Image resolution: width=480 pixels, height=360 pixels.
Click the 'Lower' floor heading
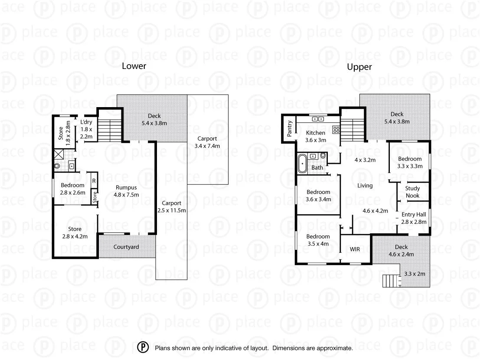[x=134, y=66]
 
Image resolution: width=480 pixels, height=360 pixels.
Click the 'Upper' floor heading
[x=359, y=67]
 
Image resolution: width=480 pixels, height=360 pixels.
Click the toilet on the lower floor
[x=57, y=165]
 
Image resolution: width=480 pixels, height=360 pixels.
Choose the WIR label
[x=355, y=249]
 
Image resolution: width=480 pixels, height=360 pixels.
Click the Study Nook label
[x=412, y=192]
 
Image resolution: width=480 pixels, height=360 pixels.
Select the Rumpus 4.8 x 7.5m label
[x=127, y=191]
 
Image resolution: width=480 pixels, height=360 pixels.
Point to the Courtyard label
[x=126, y=247]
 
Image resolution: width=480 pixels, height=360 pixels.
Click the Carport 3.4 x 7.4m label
[x=207, y=142]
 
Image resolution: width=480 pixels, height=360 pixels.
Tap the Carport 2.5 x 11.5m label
[x=171, y=206]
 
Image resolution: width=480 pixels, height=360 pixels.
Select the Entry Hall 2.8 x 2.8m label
[x=414, y=218]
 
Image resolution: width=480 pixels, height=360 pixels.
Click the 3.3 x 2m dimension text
[x=415, y=274]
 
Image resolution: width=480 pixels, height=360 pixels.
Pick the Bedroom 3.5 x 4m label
[x=318, y=240]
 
